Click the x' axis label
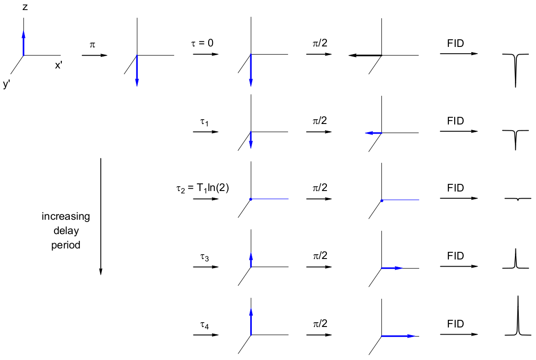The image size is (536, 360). point(58,66)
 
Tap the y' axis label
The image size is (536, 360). point(7,85)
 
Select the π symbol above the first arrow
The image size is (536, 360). point(92,45)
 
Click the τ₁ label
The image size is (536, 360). point(204,122)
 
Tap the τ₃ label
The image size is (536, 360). point(204,257)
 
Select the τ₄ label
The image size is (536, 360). point(204,326)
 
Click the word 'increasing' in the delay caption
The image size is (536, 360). point(66,216)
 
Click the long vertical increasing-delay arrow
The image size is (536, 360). point(101,215)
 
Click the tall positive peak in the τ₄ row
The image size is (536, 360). point(518,316)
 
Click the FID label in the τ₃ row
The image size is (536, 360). point(456,256)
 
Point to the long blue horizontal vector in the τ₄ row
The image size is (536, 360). point(398,336)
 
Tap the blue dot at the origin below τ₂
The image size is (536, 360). point(251,199)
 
